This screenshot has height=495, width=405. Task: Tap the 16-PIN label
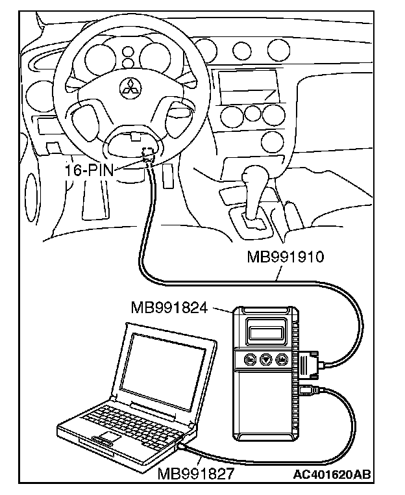tap(88, 171)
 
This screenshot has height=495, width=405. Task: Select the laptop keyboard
tap(130, 416)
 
